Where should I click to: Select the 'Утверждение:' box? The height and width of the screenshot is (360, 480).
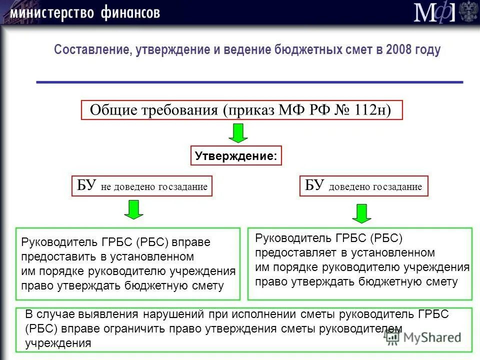tap(236, 155)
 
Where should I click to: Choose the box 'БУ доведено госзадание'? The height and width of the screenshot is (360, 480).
tap(363, 186)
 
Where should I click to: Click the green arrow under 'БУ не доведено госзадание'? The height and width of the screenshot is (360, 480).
tap(133, 209)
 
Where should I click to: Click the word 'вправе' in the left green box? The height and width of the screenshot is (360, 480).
tap(191, 242)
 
